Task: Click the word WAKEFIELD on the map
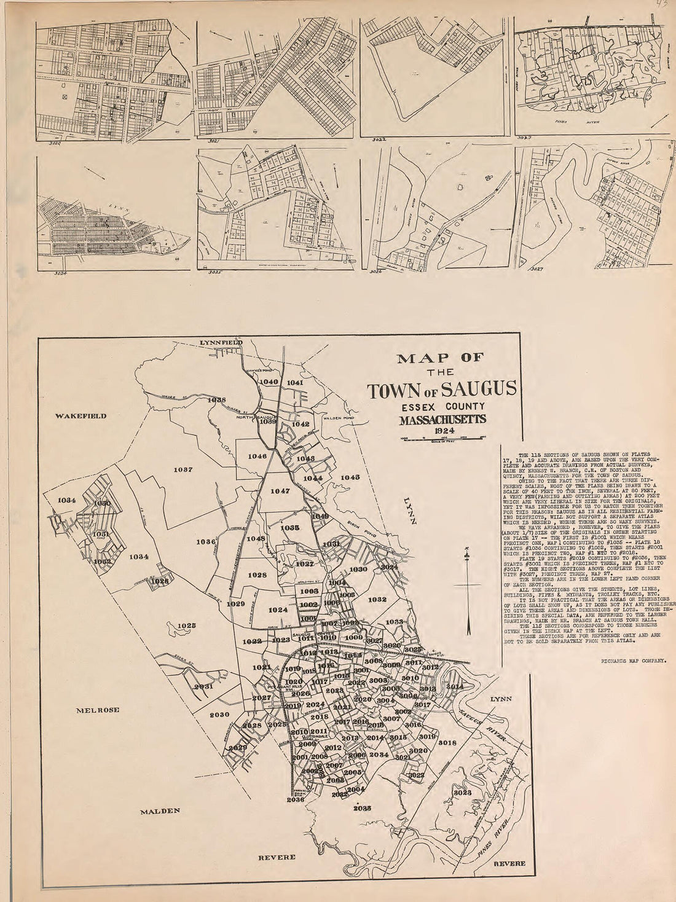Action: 80,416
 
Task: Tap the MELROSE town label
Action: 97,710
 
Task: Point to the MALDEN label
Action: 160,810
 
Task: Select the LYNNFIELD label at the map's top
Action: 221,342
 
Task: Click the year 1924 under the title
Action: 441,431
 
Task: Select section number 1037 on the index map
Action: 184,469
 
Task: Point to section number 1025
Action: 186,626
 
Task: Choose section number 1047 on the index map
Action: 280,491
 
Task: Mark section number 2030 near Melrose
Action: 219,715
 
